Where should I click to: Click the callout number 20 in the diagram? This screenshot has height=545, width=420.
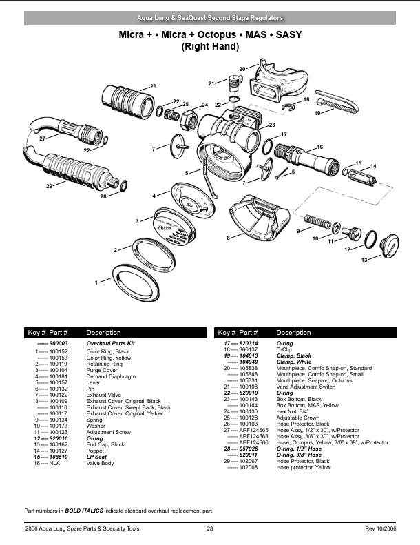pyautogui.click(x=242, y=69)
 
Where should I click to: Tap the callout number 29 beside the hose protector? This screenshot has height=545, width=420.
pyautogui.click(x=50, y=187)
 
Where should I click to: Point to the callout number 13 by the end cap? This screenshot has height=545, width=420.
pyautogui.click(x=364, y=259)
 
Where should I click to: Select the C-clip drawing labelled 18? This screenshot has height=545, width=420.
pyautogui.click(x=291, y=107)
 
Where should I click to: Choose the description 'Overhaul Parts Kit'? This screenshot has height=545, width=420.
pyautogui.click(x=110, y=342)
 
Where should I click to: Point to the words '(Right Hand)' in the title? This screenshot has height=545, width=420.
pyautogui.click(x=209, y=47)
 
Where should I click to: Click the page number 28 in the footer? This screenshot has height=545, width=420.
pyautogui.click(x=209, y=528)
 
